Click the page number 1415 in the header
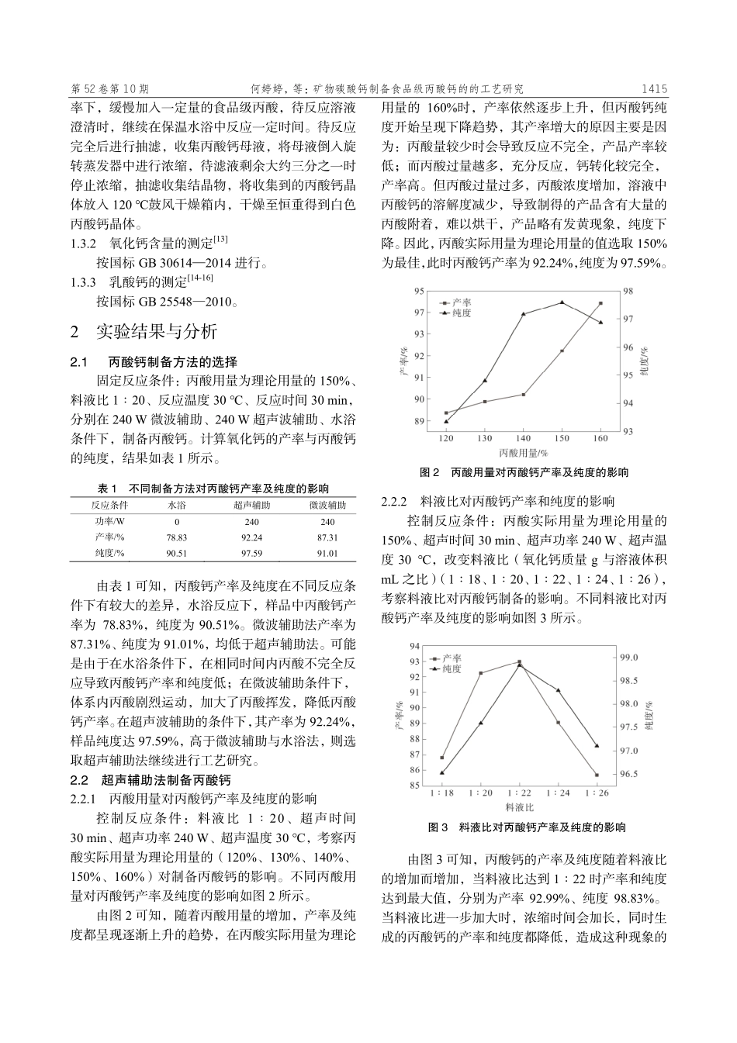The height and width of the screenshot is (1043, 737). (x=654, y=89)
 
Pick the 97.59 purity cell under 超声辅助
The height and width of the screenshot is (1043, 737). (x=251, y=553)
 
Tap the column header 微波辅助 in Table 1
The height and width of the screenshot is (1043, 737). (x=327, y=505)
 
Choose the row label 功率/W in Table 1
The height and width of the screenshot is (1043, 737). (x=109, y=521)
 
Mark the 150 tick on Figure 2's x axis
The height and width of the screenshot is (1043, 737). (x=562, y=438)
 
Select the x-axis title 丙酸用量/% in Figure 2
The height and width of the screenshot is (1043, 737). (x=523, y=452)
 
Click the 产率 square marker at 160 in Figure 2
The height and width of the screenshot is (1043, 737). (x=600, y=303)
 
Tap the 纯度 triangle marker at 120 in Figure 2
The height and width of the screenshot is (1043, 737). (x=446, y=421)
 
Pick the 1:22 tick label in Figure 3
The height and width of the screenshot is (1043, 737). (x=519, y=793)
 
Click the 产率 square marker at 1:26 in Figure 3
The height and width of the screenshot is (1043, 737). (x=597, y=775)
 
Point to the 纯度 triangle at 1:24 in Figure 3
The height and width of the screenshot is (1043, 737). (x=558, y=690)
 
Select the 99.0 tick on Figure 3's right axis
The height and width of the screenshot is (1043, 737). (x=629, y=658)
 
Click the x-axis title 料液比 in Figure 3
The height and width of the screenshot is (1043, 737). (x=518, y=807)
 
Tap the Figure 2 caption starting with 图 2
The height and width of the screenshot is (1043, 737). (x=524, y=472)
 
